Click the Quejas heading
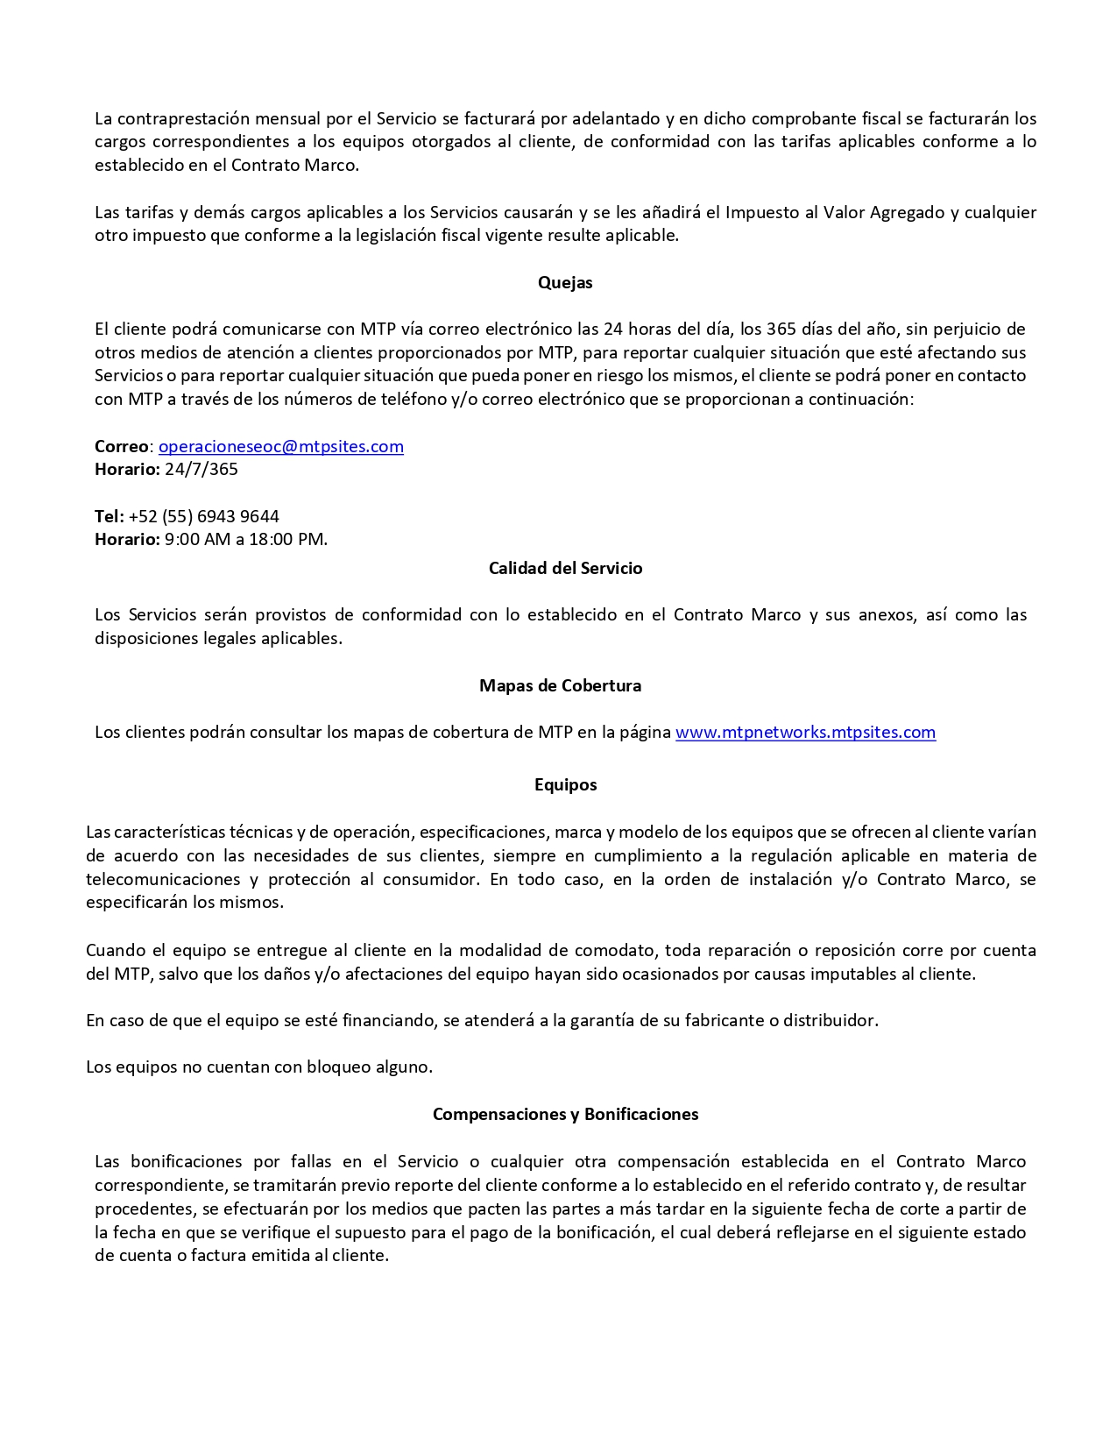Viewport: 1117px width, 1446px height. click(x=565, y=282)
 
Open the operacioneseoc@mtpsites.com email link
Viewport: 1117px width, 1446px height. click(x=280, y=446)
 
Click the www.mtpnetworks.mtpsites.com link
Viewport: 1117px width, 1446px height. click(x=805, y=732)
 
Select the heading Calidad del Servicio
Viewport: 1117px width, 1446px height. click(x=565, y=568)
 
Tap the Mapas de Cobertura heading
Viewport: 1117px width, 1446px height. click(x=560, y=685)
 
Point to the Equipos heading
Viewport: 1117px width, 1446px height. click(x=565, y=784)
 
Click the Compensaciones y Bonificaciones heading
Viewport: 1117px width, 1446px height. click(x=565, y=1114)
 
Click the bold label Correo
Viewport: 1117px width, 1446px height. click(x=122, y=446)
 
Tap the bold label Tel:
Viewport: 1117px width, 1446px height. click(x=110, y=516)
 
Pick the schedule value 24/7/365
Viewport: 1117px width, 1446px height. click(x=201, y=469)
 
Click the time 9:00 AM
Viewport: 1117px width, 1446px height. click(x=197, y=539)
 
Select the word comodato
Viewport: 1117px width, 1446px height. click(x=612, y=950)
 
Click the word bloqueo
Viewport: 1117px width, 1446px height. click(x=337, y=1067)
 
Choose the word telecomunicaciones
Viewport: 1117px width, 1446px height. click(x=163, y=879)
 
